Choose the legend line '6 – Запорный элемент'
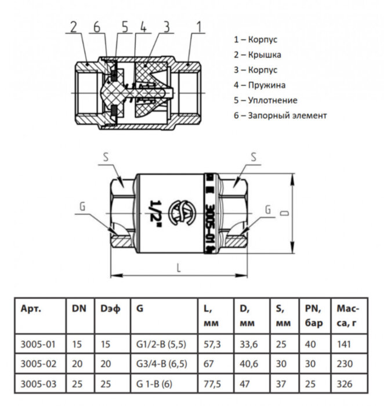pos(280,115)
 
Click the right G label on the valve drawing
pos(267,209)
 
